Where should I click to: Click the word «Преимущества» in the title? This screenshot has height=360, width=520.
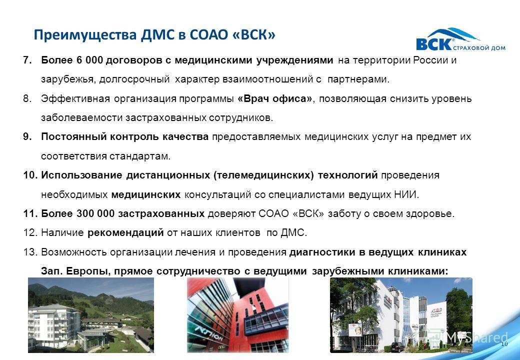[x=85, y=35]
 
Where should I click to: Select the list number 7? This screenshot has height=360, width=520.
[x=27, y=60]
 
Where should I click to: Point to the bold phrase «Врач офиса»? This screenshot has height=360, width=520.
[x=275, y=99]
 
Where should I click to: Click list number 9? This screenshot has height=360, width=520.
[x=27, y=136]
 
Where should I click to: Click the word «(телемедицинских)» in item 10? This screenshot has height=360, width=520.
[x=263, y=175]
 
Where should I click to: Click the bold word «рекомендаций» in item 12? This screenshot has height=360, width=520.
[x=125, y=233]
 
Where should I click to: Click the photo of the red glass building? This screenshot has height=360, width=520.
[x=238, y=315]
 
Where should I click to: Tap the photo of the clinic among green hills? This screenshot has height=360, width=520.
[x=91, y=315]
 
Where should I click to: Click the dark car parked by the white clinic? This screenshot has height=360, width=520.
[x=397, y=346]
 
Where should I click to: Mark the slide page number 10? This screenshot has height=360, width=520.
[x=504, y=344]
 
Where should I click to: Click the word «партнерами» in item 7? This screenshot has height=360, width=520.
[x=358, y=79]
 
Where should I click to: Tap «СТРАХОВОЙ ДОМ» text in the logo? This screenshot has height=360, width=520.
[x=479, y=48]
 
